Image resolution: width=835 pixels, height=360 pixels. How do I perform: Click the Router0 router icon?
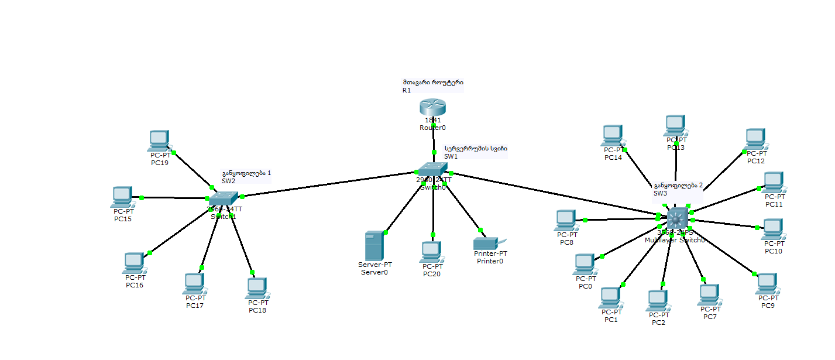click(432, 108)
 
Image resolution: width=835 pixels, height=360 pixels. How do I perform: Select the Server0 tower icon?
click(373, 246)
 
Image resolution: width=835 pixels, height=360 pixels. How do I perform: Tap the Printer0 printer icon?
click(486, 243)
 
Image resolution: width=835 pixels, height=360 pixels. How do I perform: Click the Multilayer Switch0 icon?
click(677, 219)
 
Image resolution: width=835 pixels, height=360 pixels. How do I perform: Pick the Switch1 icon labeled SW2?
click(223, 199)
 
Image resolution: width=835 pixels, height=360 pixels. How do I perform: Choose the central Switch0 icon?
click(432, 170)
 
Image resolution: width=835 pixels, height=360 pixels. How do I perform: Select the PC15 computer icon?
click(122, 197)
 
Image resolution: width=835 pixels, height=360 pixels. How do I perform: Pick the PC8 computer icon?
click(565, 220)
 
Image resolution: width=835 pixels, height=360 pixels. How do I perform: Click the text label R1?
click(407, 91)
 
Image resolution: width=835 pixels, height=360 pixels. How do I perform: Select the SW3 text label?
click(659, 193)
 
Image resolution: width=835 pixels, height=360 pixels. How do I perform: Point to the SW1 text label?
click(451, 156)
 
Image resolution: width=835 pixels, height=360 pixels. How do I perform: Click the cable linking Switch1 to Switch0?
click(328, 184)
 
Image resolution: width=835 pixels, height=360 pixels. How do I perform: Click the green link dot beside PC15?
click(142, 197)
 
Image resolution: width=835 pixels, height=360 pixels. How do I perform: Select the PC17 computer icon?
click(194, 283)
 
